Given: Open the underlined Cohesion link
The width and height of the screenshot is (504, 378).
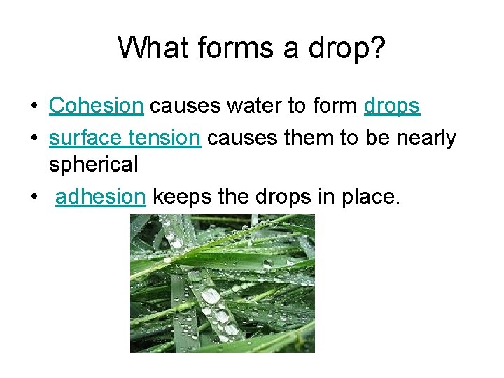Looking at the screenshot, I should click(x=96, y=106).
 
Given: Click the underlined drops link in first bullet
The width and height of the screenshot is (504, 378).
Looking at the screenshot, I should click(x=392, y=106).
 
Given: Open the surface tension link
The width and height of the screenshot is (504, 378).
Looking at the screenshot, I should click(x=124, y=138).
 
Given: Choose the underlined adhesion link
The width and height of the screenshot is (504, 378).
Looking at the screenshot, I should click(x=100, y=198).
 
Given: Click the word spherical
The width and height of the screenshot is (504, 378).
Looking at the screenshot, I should click(x=93, y=164).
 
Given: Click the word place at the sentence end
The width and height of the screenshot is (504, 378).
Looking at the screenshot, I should click(x=372, y=198).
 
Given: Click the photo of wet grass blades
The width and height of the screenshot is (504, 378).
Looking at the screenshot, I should click(x=222, y=283).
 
